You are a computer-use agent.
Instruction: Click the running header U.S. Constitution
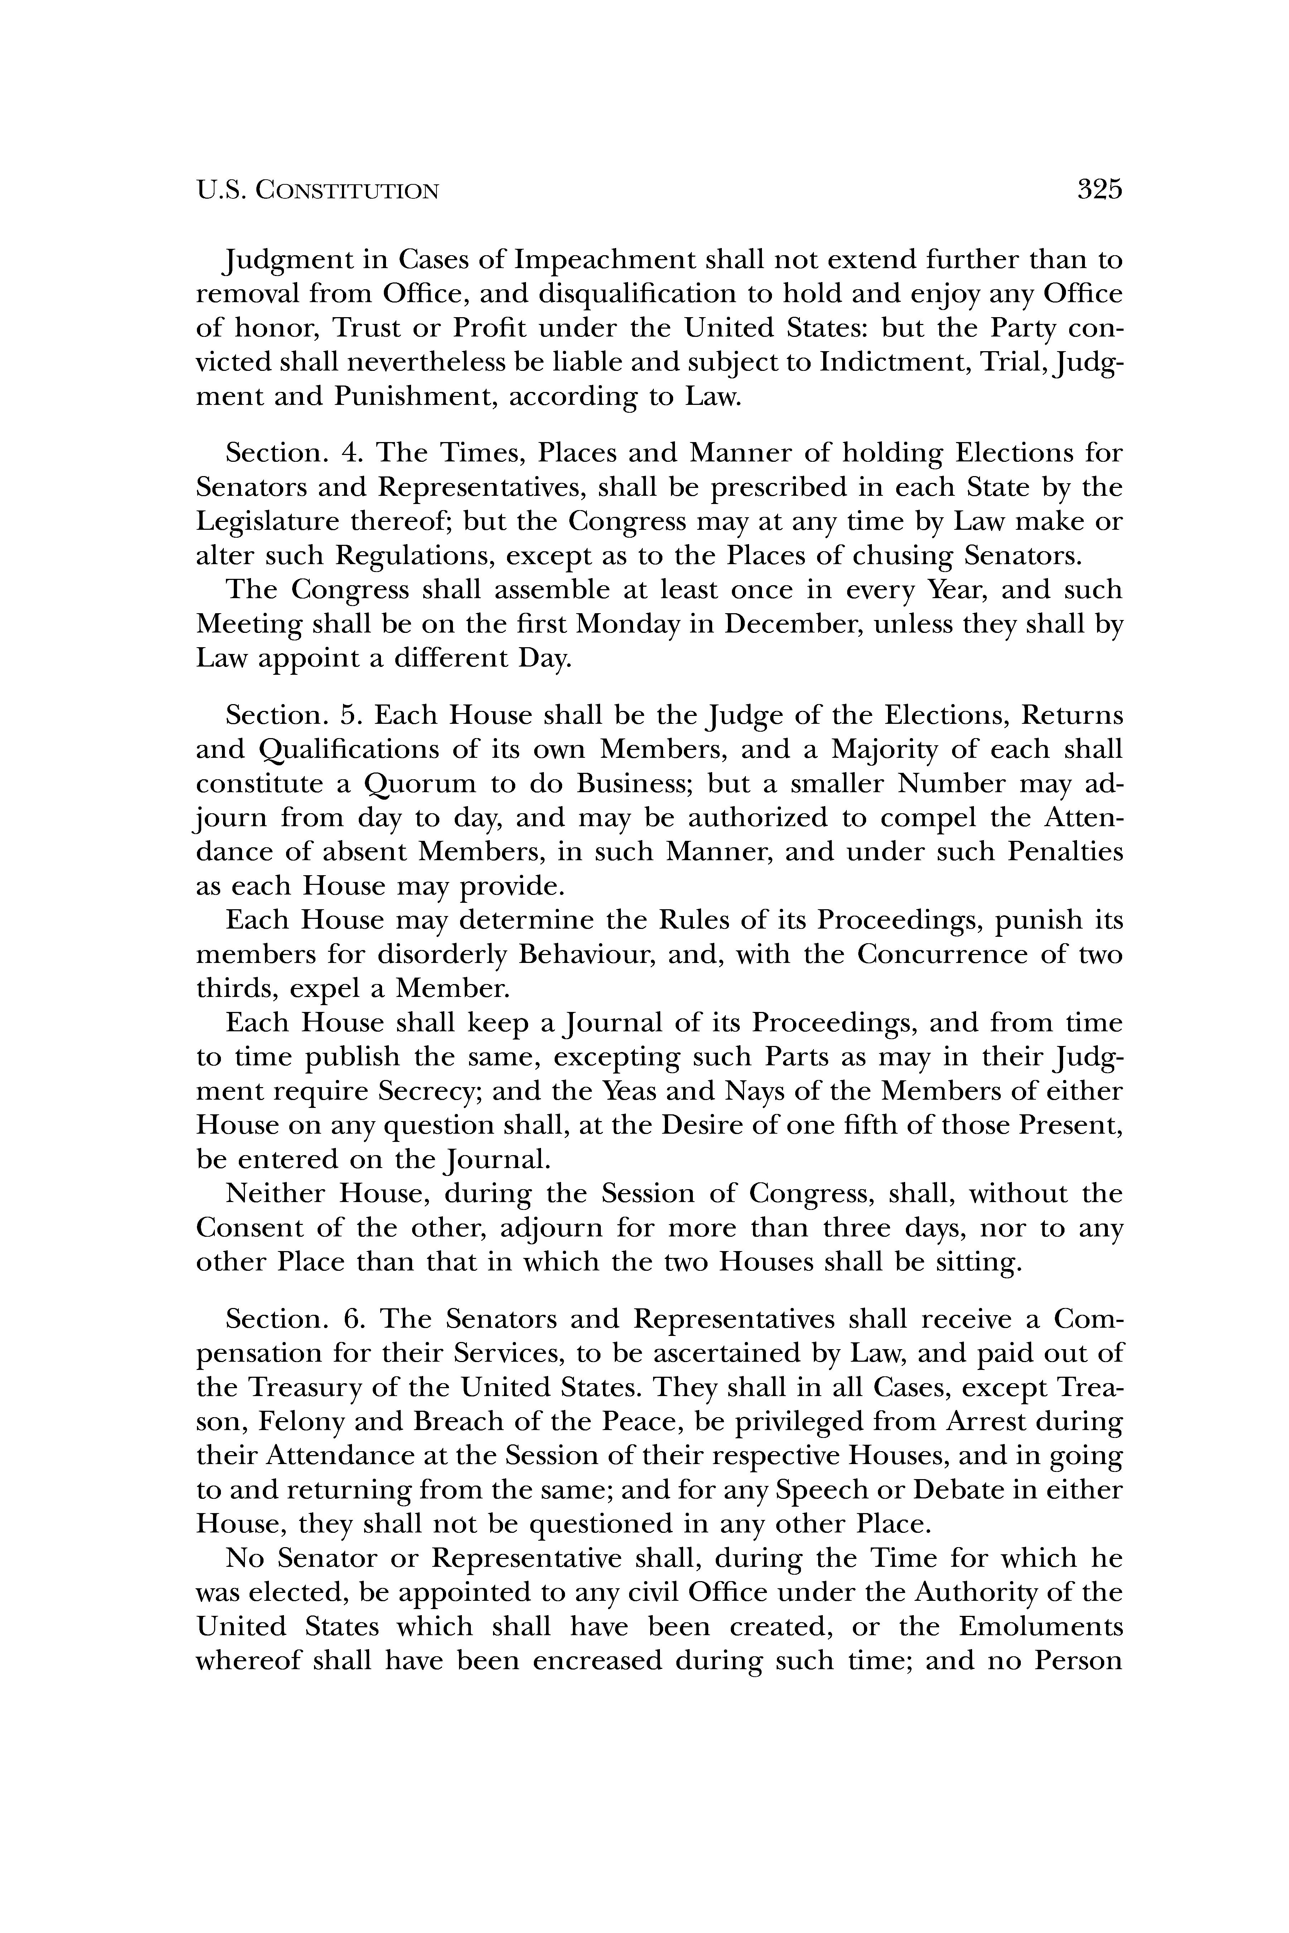[x=317, y=192]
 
